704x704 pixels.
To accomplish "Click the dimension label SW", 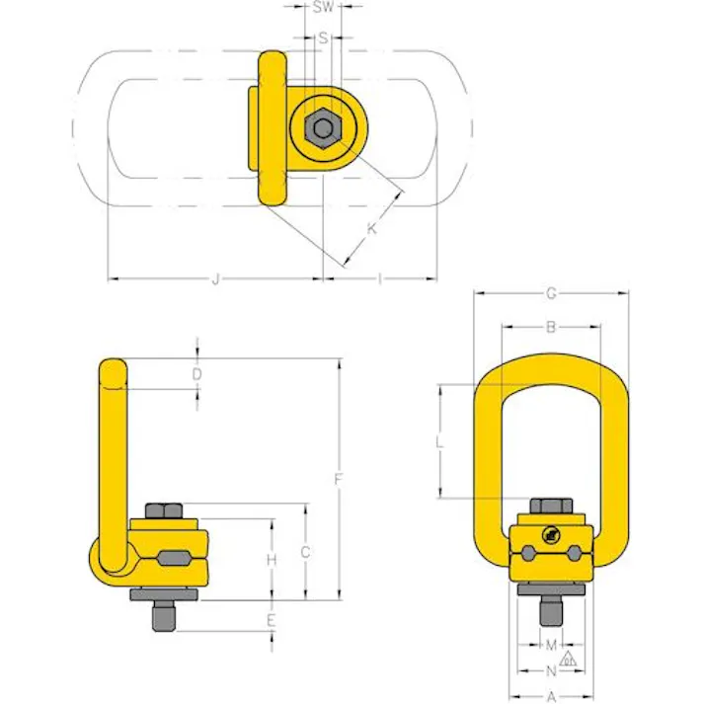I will point(322,8).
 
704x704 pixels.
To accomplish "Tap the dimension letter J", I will point(215,280).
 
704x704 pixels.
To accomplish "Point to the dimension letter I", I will point(380,280).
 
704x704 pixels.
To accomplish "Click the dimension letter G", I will point(552,293).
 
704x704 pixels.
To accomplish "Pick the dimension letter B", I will point(552,327).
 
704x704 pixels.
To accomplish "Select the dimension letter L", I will point(439,444).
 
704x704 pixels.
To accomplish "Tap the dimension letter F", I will point(339,480).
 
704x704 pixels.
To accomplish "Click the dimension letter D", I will point(197,374).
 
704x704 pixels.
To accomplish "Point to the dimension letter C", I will point(306,552).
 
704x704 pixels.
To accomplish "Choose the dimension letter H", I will point(271,559).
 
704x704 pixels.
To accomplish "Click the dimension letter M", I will point(551,646).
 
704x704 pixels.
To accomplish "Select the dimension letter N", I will point(551,671).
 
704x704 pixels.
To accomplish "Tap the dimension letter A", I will point(551,696).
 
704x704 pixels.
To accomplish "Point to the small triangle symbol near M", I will point(570,659).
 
